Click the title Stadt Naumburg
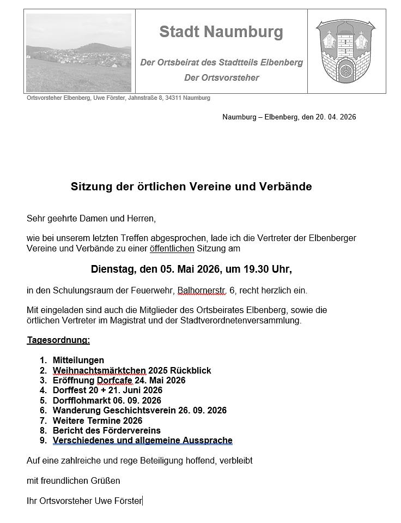point(221,32)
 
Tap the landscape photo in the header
point(79,53)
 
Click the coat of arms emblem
point(346,51)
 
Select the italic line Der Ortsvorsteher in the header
point(221,78)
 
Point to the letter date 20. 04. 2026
point(336,117)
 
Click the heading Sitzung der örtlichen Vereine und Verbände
point(191,187)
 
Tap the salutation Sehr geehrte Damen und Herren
point(91,219)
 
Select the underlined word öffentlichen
point(172,249)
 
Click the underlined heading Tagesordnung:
point(58,340)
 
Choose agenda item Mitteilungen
point(78,360)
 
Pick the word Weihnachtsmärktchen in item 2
point(99,370)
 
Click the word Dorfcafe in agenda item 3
point(114,380)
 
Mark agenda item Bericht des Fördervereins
point(106,430)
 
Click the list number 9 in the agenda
point(43,440)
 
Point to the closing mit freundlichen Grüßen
point(73,480)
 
